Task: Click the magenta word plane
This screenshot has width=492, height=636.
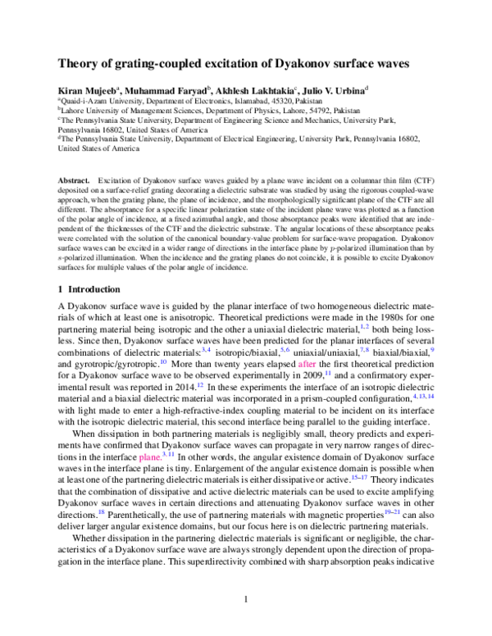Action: pyautogui.click(x=150, y=455)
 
